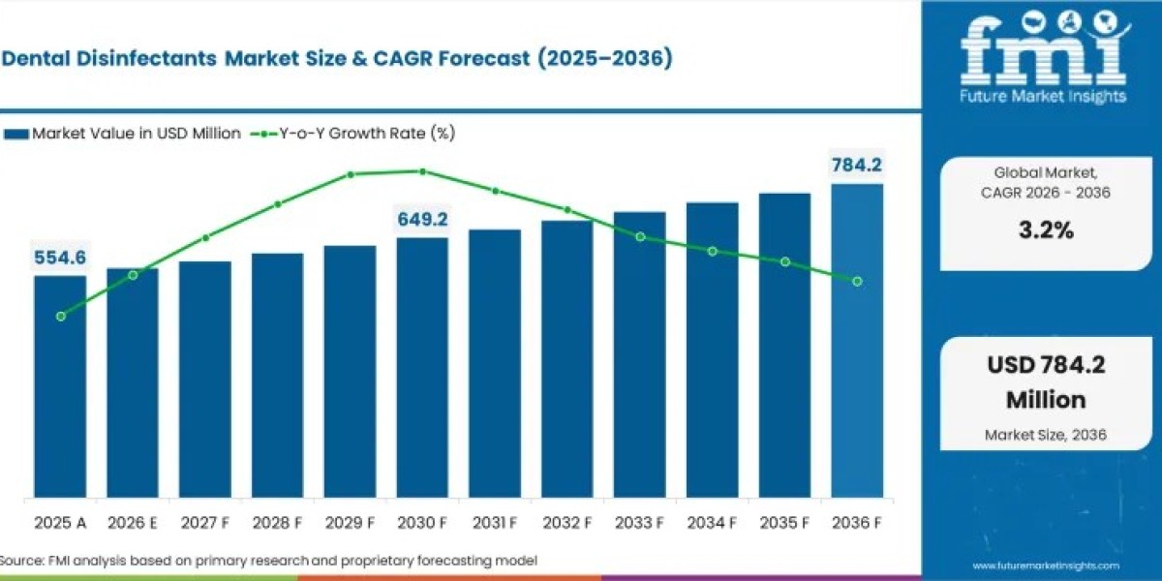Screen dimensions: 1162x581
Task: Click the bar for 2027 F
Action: click(x=205, y=380)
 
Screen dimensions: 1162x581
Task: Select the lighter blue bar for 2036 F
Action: click(x=857, y=341)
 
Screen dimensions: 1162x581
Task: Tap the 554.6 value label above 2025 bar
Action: click(x=60, y=258)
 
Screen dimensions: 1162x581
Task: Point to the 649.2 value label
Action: click(x=422, y=220)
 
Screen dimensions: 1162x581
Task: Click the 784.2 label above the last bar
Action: click(x=857, y=165)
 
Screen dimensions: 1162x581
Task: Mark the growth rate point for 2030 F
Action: click(x=423, y=171)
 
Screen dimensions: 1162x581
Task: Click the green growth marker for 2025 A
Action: click(x=61, y=317)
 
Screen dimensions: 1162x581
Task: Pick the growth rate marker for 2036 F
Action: click(x=858, y=281)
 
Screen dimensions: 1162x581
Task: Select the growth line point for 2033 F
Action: click(x=641, y=237)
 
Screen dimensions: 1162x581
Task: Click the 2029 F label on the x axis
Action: click(x=350, y=523)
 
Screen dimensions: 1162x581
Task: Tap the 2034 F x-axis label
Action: click(x=712, y=523)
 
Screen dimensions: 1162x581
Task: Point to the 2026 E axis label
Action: click(x=133, y=523)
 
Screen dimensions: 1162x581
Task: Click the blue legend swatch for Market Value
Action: click(x=16, y=135)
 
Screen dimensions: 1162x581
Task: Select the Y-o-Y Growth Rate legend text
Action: click(x=367, y=134)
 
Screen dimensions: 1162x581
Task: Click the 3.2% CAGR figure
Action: click(x=1046, y=229)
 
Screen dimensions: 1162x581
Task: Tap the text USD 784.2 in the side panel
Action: click(x=1046, y=365)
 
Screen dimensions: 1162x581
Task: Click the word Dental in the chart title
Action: click(x=37, y=58)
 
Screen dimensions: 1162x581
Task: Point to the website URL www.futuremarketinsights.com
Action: click(x=1046, y=566)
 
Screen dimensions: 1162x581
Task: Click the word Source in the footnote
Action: click(x=20, y=561)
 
